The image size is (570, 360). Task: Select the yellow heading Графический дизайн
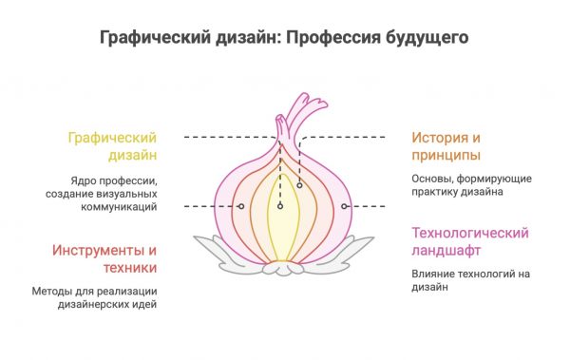(x=111, y=145)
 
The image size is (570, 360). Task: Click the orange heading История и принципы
(x=446, y=145)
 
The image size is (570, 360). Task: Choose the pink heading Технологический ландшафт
(x=469, y=241)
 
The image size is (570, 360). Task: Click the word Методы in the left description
(x=53, y=291)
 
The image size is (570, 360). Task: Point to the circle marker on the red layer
(x=241, y=206)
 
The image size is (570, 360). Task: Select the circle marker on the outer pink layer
(x=345, y=206)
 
